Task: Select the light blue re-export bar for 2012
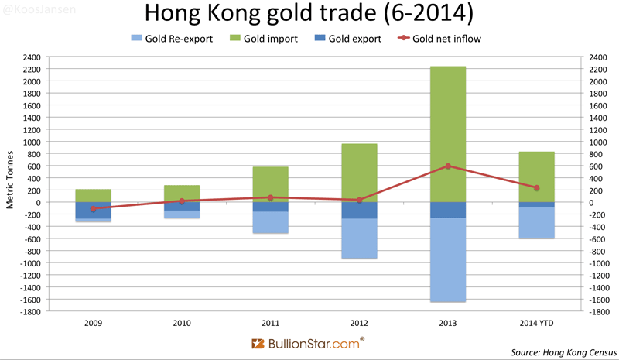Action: click(x=359, y=238)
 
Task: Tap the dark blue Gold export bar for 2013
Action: click(x=447, y=210)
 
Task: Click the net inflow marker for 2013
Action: click(x=447, y=166)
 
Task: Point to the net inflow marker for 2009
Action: click(x=94, y=209)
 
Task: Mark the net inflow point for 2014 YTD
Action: click(x=535, y=187)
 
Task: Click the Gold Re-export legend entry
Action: click(x=169, y=39)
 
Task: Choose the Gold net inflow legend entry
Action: click(x=441, y=39)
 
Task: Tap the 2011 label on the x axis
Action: click(x=270, y=322)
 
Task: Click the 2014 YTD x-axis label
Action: click(x=535, y=322)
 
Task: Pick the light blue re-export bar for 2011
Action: click(x=270, y=222)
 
